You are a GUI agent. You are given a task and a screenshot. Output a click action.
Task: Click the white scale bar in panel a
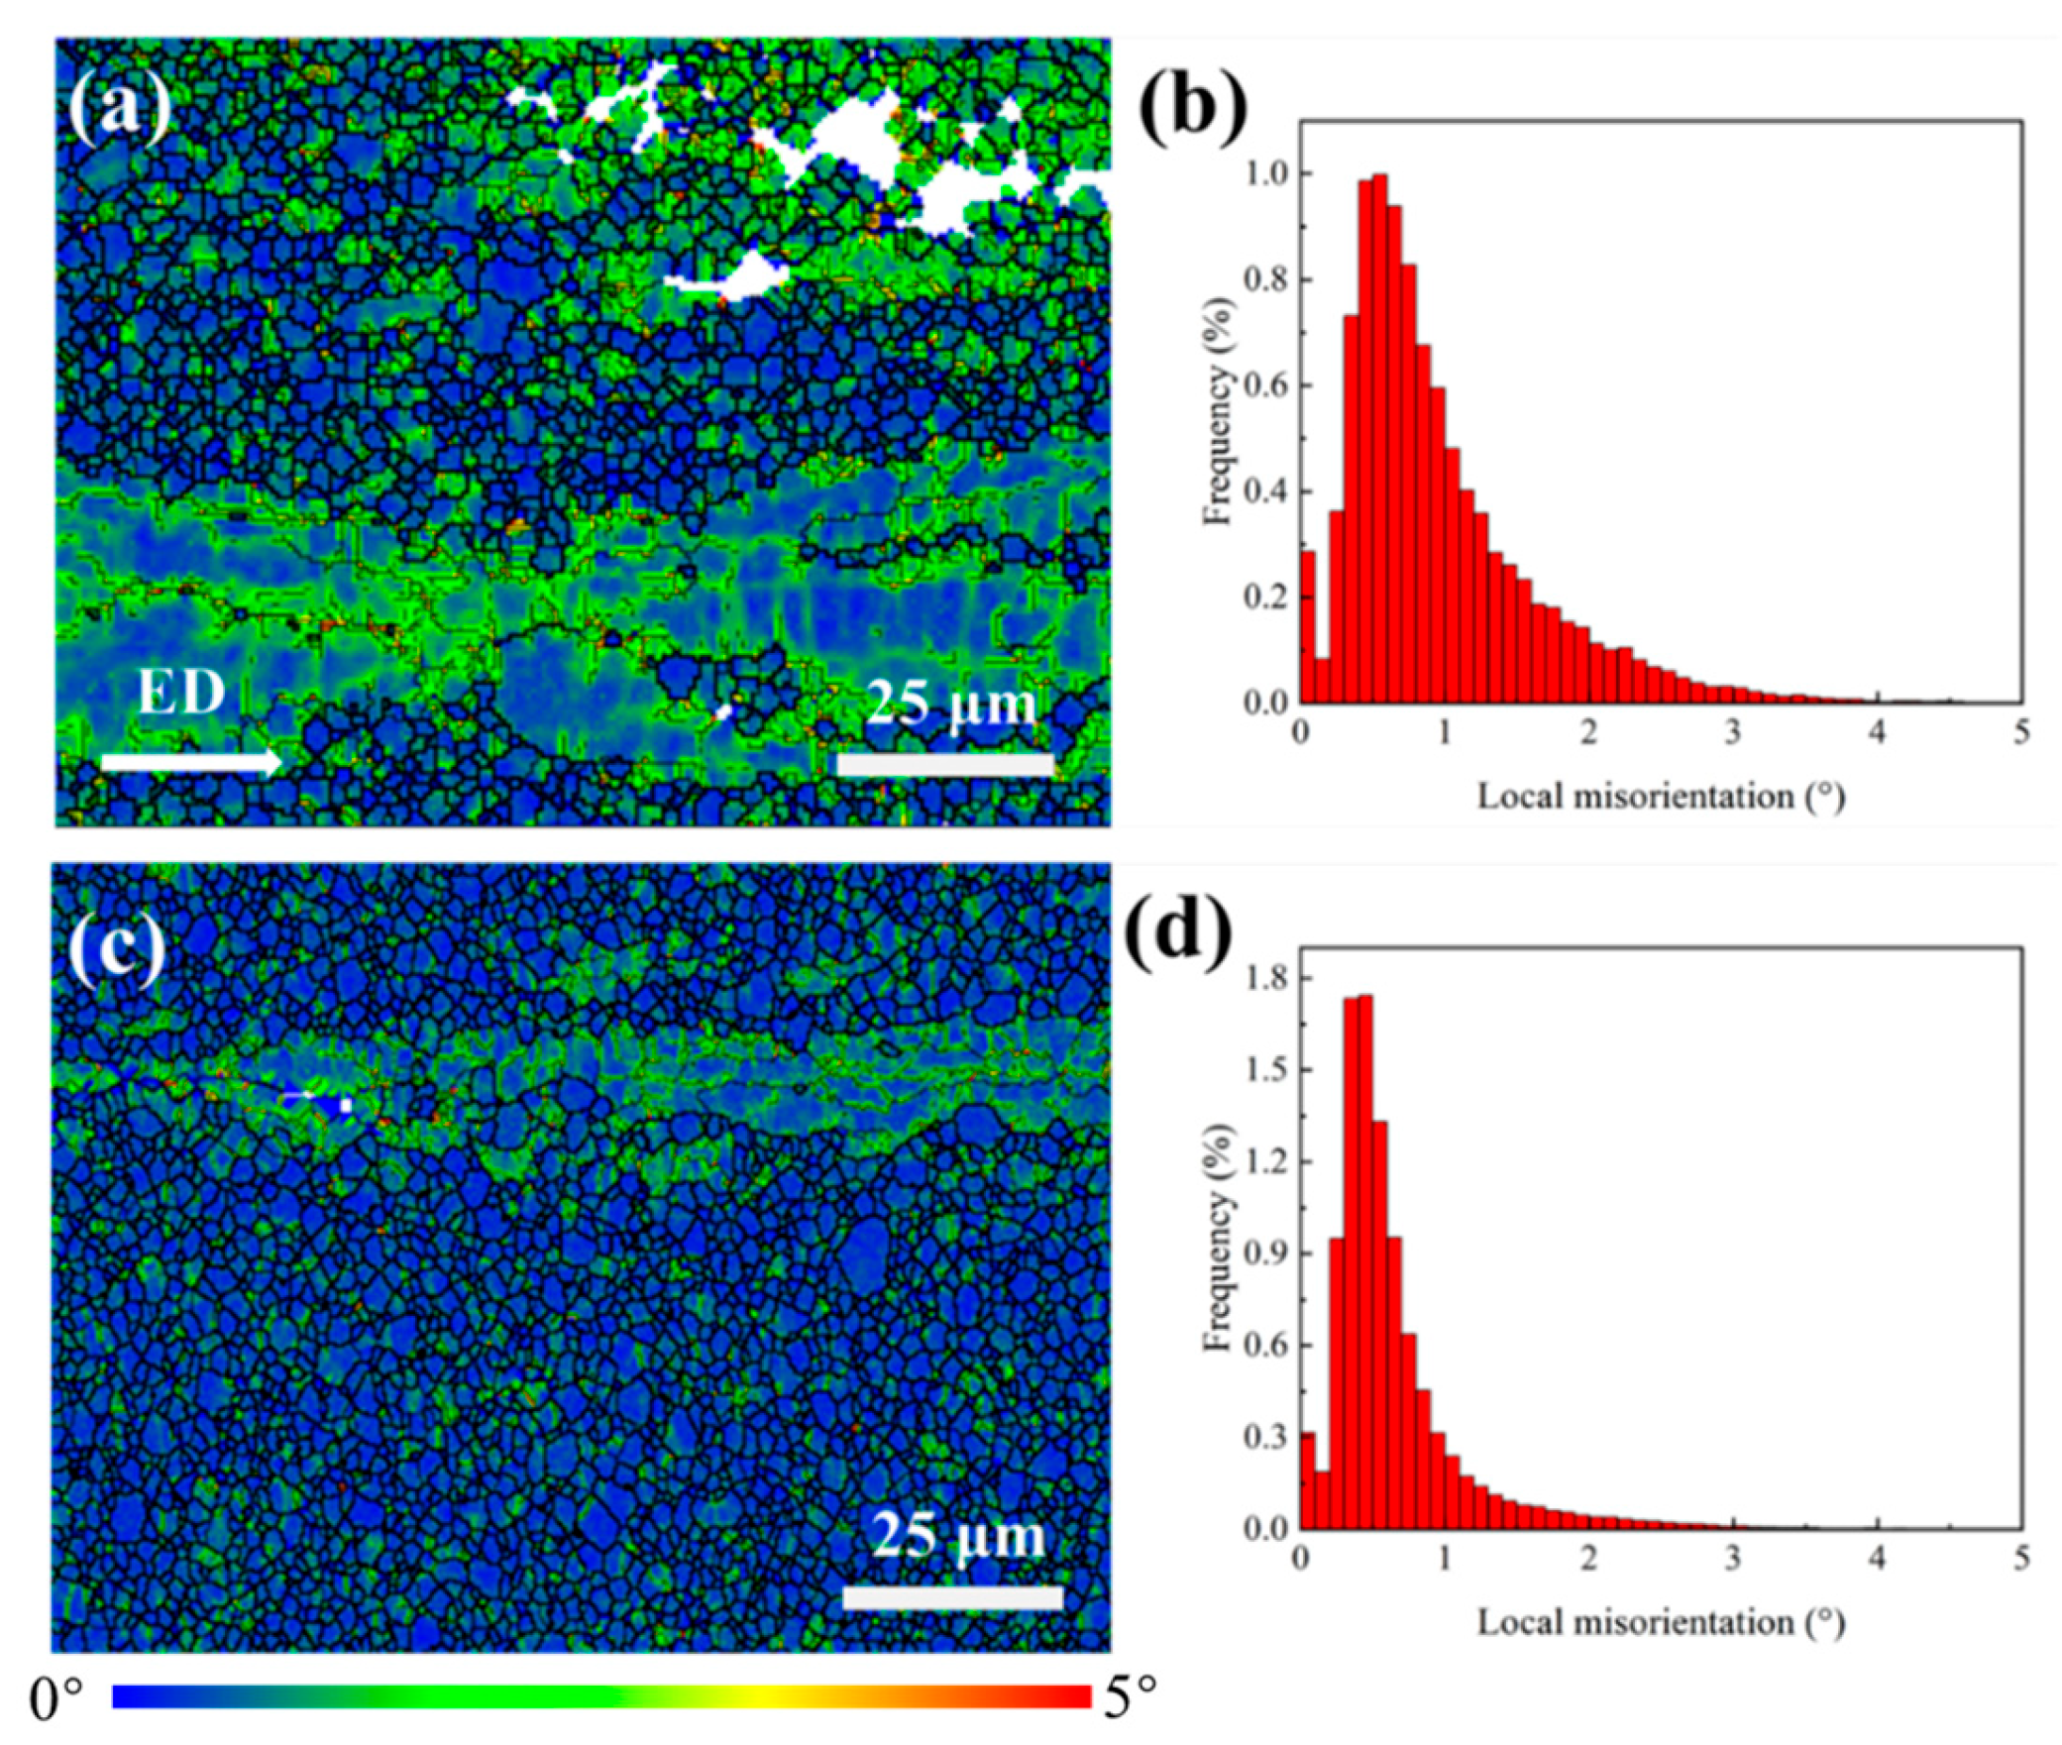pos(945,764)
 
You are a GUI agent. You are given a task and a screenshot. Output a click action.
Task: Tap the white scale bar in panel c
pos(952,1597)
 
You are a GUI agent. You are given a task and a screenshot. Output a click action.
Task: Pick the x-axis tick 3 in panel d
pos(1733,1559)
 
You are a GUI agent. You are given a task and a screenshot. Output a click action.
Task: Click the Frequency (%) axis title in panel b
pos(1219,427)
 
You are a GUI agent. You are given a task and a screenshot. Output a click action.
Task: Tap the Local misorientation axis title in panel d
pos(1661,1622)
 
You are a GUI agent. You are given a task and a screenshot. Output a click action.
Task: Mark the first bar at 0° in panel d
pos(1307,1480)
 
